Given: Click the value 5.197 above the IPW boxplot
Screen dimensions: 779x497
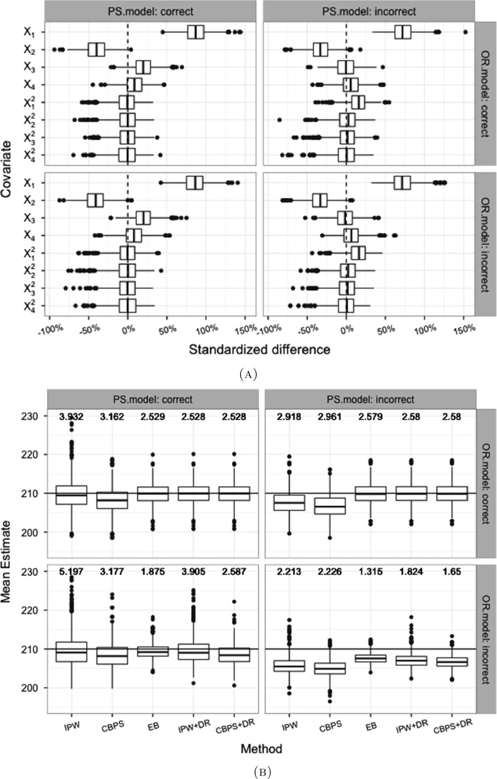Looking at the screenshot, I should click(72, 571).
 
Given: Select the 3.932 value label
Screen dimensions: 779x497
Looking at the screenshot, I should click(72, 417).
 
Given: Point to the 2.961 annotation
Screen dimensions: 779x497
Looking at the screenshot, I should click(330, 417).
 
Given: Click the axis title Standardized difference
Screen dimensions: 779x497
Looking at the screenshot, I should click(259, 350).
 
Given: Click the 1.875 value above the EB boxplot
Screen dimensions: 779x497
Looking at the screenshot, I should click(153, 571).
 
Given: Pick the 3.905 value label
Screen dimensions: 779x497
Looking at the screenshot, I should click(193, 571).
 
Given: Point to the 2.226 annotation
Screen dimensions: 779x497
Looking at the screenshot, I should click(330, 571).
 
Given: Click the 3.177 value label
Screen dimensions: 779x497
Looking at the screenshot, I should click(112, 571).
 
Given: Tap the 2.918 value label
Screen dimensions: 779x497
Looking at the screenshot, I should click(289, 417).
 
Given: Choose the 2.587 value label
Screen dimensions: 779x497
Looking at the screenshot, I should click(234, 571).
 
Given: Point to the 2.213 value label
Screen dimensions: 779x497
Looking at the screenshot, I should click(289, 571).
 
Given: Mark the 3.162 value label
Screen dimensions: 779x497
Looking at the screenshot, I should click(112, 417).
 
